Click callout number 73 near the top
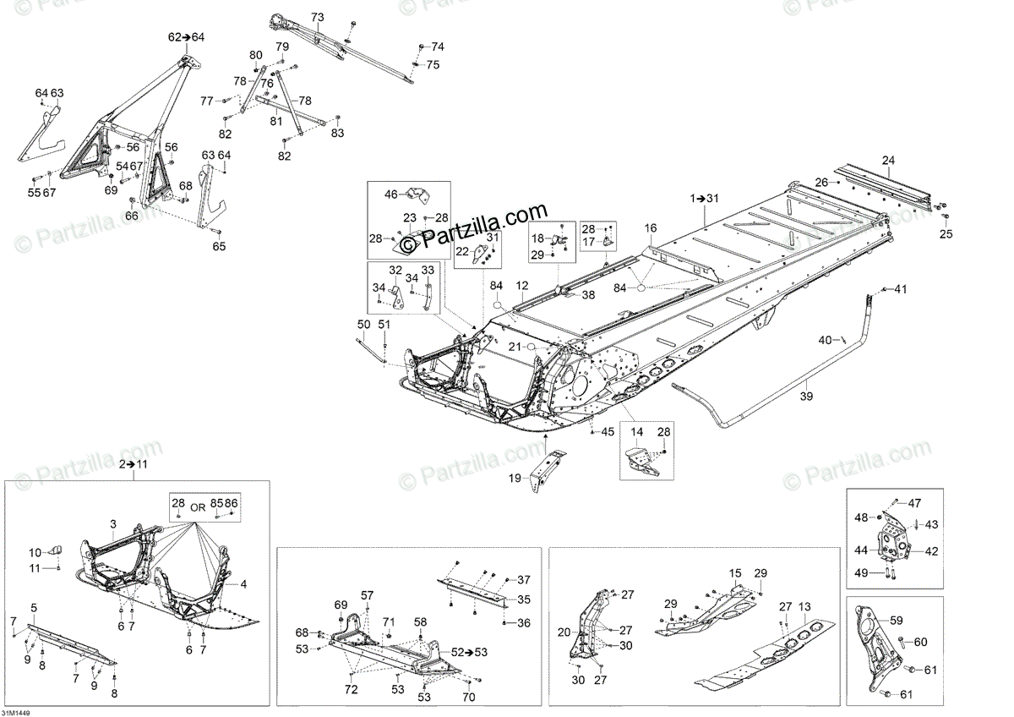317,17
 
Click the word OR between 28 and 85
197,507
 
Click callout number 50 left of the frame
363,325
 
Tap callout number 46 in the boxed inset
390,194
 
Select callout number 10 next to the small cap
35,552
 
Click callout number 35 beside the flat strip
523,599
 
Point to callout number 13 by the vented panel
804,606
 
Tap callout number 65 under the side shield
219,246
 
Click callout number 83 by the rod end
337,134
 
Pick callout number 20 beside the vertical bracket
564,632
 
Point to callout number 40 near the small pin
825,340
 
